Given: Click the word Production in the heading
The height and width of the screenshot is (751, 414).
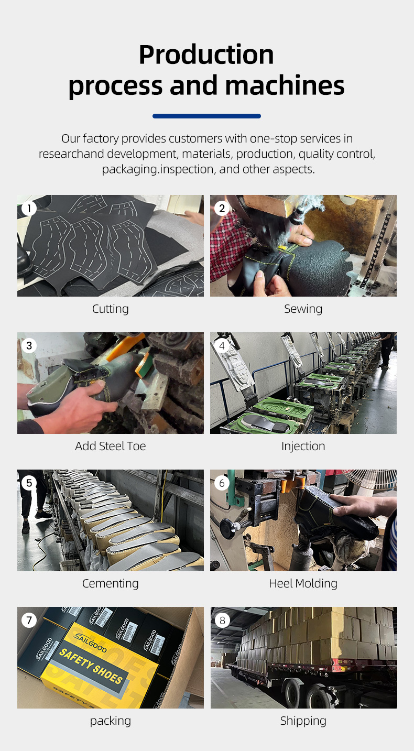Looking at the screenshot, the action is [x=206, y=55].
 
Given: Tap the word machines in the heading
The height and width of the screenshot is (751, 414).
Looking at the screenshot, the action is [x=285, y=85].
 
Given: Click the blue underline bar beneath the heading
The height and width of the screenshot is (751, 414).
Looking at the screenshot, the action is [x=206, y=116].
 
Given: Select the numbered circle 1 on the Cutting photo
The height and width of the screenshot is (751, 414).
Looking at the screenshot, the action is [x=29, y=209].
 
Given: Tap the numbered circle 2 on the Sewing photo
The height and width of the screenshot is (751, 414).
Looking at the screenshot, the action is [x=222, y=209].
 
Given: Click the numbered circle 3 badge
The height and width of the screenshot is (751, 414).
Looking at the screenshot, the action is [x=29, y=346].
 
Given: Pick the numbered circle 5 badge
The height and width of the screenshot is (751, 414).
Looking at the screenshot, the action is [x=29, y=483].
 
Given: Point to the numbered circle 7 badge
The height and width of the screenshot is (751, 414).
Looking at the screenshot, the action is [x=29, y=621].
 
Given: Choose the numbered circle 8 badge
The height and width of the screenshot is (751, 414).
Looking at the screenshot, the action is [x=222, y=621].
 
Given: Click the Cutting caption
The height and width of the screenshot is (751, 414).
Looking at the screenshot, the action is [x=110, y=309].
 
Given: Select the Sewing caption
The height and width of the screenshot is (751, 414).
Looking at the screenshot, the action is [x=303, y=309].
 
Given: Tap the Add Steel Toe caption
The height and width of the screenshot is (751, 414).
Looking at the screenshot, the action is [x=110, y=446].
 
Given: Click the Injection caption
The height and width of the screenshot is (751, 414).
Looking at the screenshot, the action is [x=303, y=447].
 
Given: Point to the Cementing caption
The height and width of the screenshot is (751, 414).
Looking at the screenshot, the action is [x=110, y=584].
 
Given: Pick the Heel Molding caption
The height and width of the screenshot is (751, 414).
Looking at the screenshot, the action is [x=303, y=584].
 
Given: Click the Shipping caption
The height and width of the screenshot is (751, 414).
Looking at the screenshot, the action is [x=303, y=721].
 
